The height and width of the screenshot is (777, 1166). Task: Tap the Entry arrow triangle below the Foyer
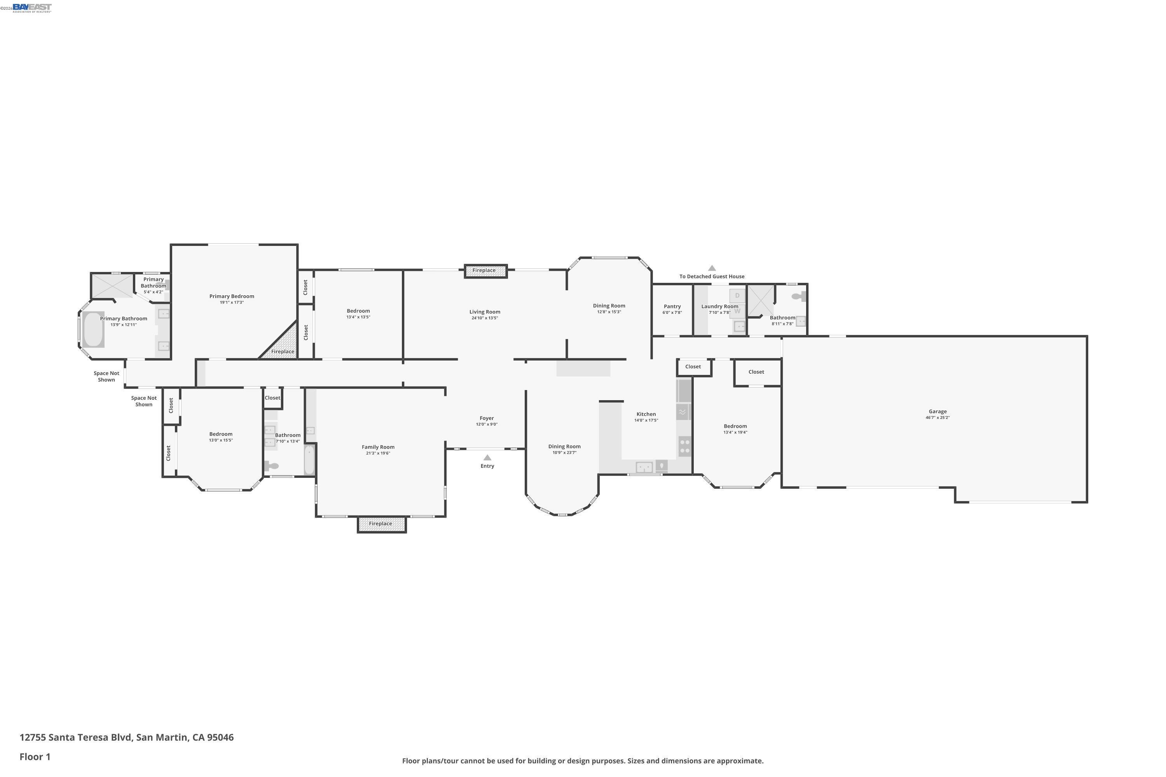point(487,457)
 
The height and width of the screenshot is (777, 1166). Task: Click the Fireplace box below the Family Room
point(382,524)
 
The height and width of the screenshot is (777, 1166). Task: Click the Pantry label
point(672,306)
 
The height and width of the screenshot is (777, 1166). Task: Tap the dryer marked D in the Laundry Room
point(737,296)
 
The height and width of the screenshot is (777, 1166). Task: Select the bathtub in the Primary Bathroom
point(93,329)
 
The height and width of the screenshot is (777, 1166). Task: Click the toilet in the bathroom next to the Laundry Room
point(798,296)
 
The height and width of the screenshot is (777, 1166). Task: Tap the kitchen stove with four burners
point(684,446)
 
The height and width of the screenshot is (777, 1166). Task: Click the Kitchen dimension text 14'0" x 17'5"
point(646,420)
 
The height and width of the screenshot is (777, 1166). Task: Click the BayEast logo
point(32,7)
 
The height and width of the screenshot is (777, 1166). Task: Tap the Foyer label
point(486,418)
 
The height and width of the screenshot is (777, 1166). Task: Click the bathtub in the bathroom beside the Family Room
point(309,459)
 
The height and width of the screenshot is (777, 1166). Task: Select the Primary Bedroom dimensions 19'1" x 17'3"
point(232,302)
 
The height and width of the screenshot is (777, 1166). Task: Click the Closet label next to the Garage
point(756,372)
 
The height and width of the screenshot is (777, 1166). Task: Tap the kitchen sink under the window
point(644,467)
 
